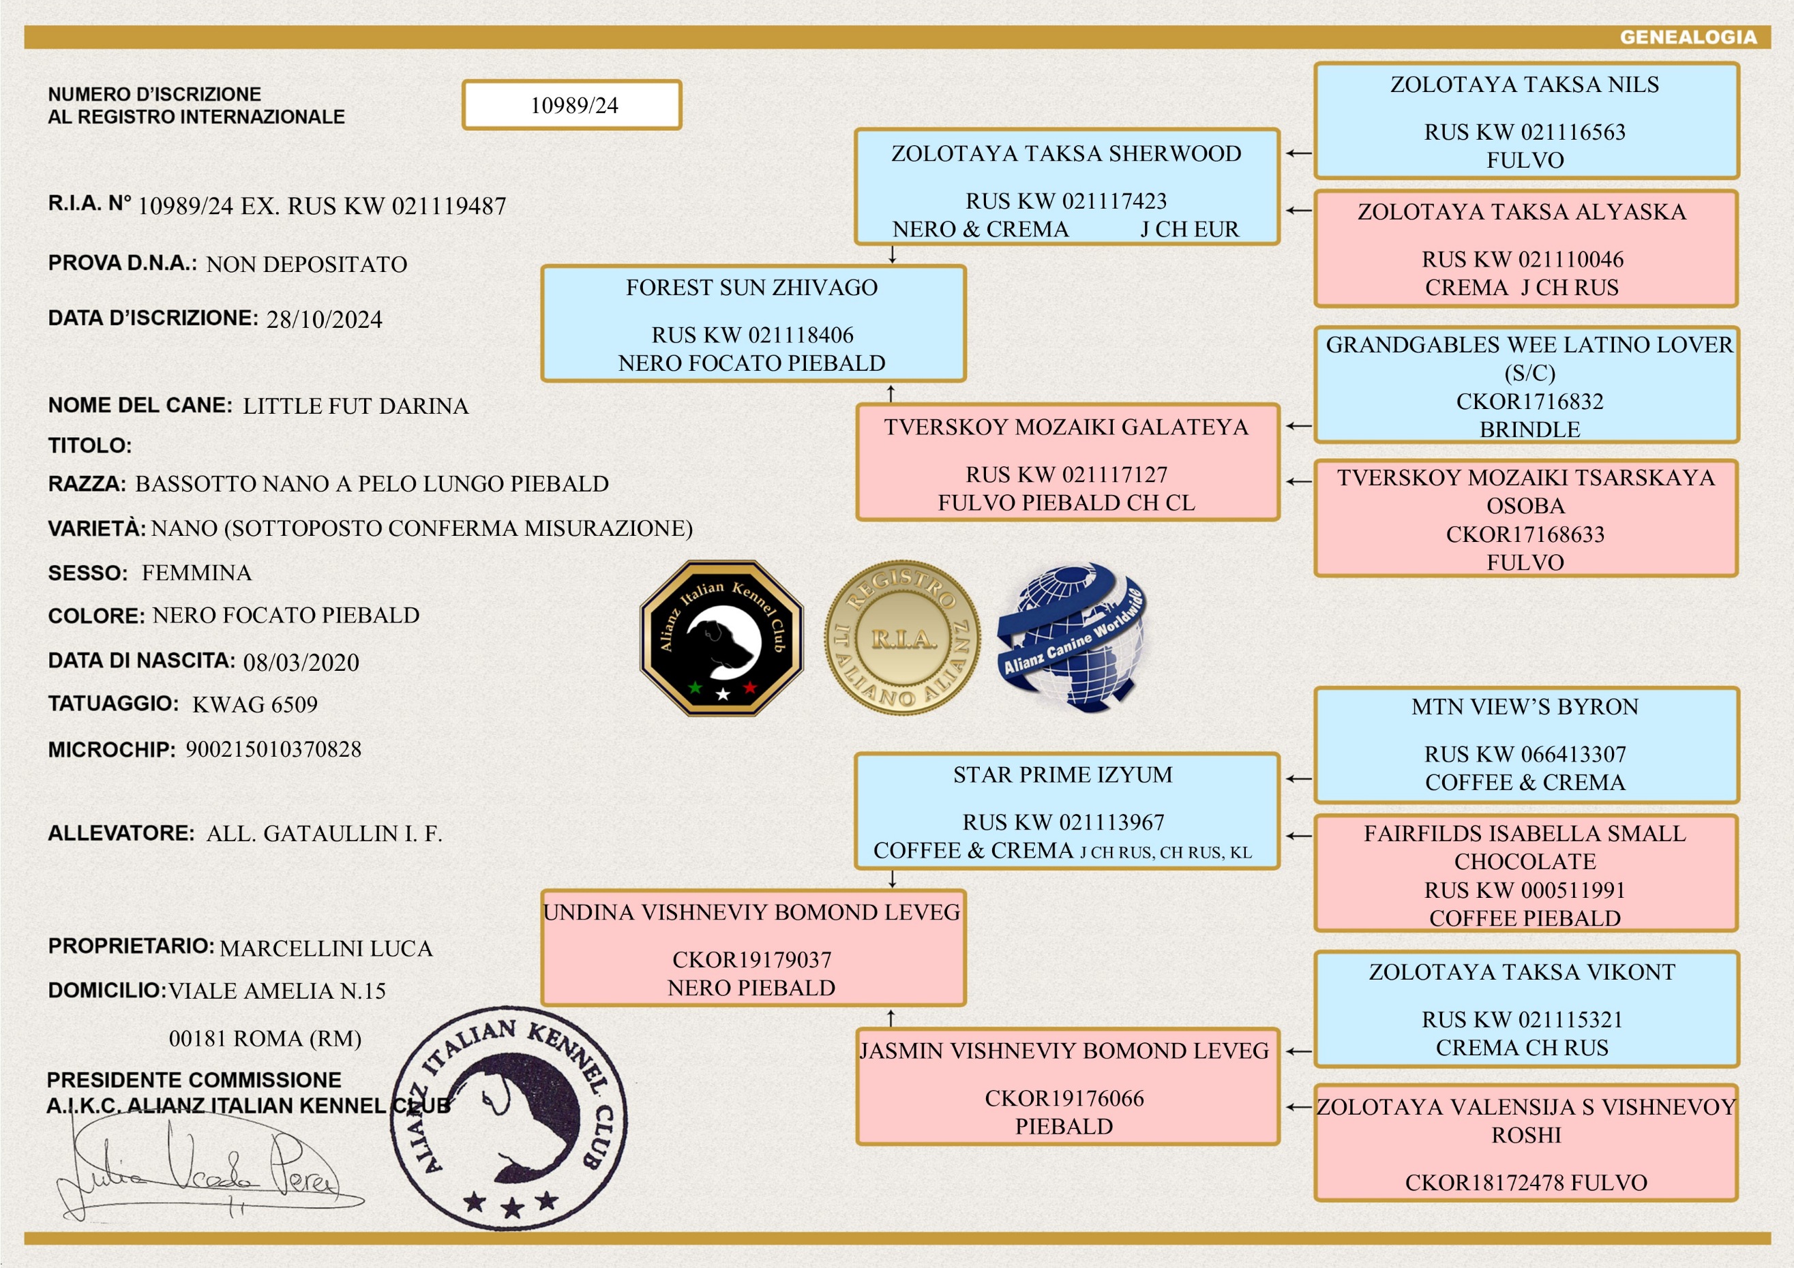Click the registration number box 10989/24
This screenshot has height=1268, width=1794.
[x=572, y=105]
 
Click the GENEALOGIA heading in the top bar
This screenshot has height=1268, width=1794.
[x=1688, y=37]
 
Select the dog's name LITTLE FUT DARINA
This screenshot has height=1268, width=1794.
[x=355, y=406]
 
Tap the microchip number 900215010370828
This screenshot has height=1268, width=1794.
[x=273, y=749]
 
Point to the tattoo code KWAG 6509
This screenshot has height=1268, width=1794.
[x=256, y=705]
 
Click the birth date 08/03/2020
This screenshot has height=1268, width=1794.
[x=301, y=663]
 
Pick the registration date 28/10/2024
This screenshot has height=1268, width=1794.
[x=325, y=320]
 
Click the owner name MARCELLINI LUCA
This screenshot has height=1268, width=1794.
[x=326, y=948]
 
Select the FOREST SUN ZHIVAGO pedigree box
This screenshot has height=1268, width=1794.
[x=753, y=323]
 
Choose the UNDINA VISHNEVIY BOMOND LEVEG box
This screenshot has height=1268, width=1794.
[x=753, y=948]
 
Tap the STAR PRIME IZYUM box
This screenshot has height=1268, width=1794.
[x=1067, y=811]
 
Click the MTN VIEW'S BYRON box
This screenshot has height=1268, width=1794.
[x=1526, y=744]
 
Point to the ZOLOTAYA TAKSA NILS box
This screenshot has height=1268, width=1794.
[x=1526, y=121]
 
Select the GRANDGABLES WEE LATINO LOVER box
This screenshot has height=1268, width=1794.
[x=1526, y=385]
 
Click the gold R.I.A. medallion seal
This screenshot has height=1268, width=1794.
[x=903, y=637]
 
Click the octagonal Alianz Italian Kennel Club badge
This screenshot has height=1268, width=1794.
[x=721, y=637]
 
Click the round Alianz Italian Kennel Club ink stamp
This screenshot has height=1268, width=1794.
[x=509, y=1118]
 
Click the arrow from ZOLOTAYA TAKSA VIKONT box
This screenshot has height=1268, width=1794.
[x=1298, y=1052]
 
